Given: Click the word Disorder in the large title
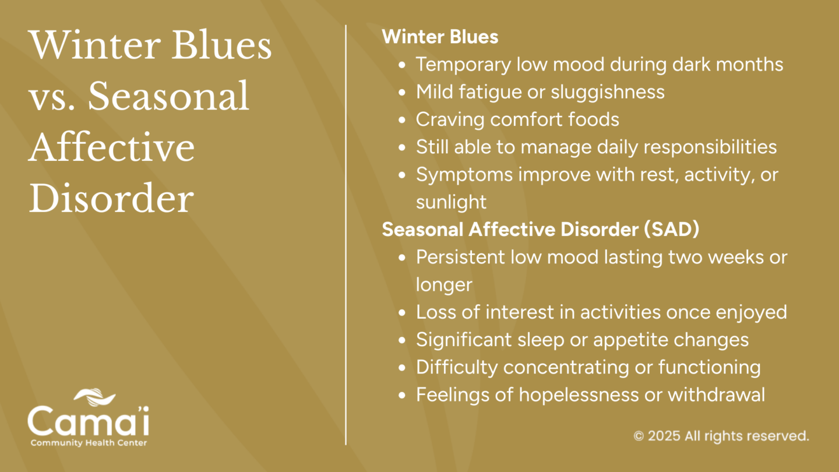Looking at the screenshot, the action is click(x=111, y=199).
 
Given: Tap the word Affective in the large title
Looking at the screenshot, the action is click(x=111, y=147).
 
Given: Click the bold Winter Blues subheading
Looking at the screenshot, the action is click(x=440, y=37).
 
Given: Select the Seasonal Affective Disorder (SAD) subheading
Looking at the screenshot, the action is click(x=541, y=229).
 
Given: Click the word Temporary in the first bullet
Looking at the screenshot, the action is click(x=463, y=65).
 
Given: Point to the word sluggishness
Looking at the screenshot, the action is click(x=608, y=92).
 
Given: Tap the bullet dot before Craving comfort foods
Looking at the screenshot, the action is click(x=402, y=120).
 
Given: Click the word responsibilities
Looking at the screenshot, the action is click(x=710, y=147).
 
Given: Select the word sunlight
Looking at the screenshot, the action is click(x=451, y=202).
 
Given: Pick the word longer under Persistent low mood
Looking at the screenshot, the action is click(x=444, y=285).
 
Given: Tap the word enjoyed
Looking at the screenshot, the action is click(x=752, y=312).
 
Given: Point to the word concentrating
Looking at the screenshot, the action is click(x=566, y=368).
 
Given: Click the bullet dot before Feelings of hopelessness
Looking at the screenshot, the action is click(x=402, y=395).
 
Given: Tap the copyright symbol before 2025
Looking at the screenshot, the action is click(x=639, y=436).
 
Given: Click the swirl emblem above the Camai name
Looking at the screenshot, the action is click(x=94, y=397).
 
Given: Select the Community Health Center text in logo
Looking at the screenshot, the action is click(x=89, y=443).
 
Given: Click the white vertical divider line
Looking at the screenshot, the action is click(x=346, y=235).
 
